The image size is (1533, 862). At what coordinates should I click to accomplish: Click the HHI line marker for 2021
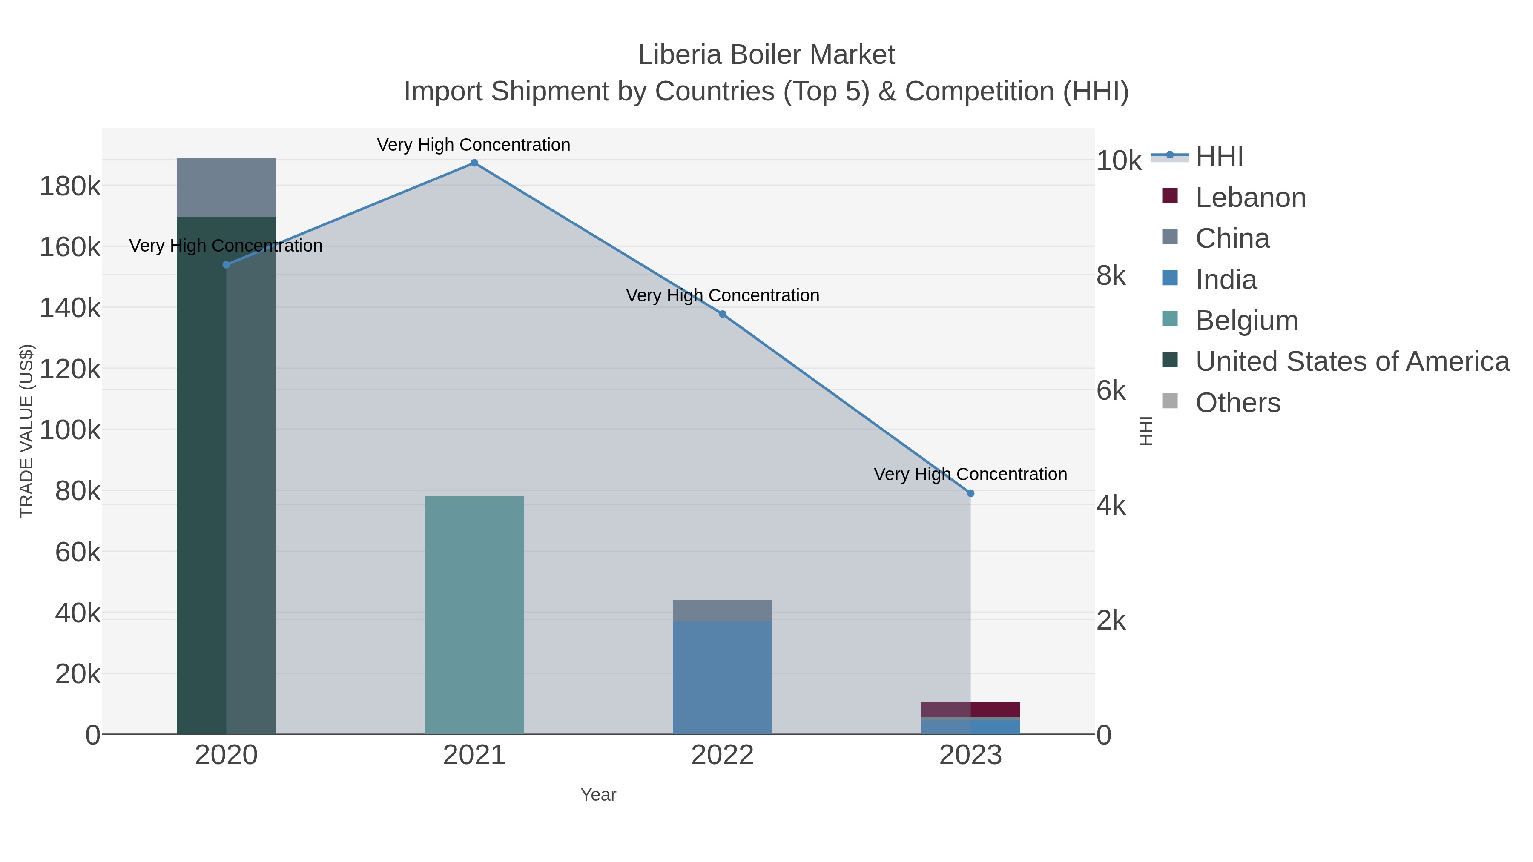pos(474,163)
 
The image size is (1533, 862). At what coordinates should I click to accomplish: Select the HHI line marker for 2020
pos(226,265)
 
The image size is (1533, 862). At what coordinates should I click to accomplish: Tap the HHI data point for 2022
pos(723,314)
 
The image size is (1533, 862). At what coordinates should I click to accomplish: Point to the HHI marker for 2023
pos(970,493)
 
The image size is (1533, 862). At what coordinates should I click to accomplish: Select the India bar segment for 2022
pos(723,678)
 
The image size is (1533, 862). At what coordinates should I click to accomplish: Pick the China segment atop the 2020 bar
pos(226,187)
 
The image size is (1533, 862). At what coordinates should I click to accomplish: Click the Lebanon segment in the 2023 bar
pos(970,709)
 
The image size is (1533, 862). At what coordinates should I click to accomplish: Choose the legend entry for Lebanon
pos(1250,198)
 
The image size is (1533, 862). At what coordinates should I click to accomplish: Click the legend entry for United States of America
pos(1351,361)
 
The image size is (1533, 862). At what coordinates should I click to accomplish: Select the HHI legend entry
pos(1219,157)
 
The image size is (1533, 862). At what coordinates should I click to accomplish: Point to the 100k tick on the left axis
pos(70,430)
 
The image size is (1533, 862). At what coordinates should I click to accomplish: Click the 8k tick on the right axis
pos(1111,276)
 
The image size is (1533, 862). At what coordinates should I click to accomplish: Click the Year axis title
pos(598,795)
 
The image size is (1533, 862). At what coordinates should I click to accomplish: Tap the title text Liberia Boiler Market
pos(766,55)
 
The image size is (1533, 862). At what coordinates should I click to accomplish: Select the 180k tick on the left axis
pos(70,186)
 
